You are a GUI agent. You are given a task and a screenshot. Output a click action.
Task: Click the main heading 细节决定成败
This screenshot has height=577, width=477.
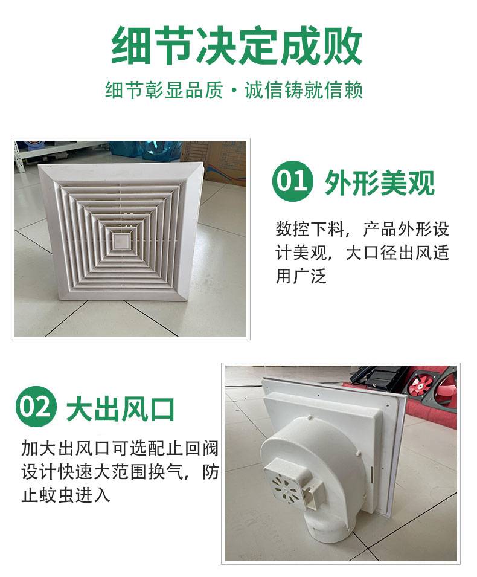coord(237,46)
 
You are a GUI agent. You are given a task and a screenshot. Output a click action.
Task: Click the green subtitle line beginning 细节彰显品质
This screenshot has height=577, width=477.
coord(234,90)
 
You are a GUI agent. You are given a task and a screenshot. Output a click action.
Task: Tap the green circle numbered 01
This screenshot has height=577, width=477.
coord(292,181)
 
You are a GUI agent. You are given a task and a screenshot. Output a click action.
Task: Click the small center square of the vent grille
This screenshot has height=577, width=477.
coord(120,242)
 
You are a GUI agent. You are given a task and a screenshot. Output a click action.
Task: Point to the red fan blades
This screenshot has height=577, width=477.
coord(418,387)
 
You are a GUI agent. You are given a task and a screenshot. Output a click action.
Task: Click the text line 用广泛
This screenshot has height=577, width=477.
coord(301,276)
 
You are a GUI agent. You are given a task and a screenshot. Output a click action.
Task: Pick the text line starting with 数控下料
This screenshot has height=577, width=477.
coord(362,229)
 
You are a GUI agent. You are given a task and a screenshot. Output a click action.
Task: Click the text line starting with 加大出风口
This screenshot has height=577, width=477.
coord(120,448)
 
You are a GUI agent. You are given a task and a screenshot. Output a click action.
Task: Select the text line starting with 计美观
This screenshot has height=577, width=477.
coord(362,253)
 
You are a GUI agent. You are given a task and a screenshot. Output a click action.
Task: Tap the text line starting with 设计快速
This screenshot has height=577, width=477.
coord(120,471)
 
